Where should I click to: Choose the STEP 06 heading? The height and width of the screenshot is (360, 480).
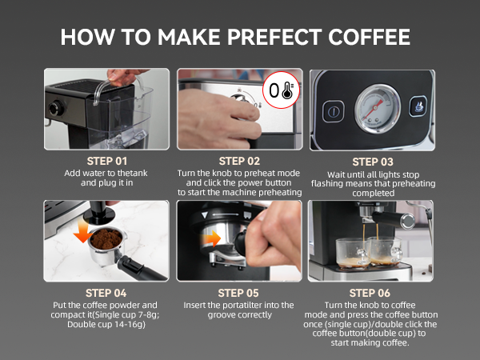click(x=373, y=293)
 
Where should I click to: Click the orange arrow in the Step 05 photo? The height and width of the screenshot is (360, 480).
click(x=214, y=238)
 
